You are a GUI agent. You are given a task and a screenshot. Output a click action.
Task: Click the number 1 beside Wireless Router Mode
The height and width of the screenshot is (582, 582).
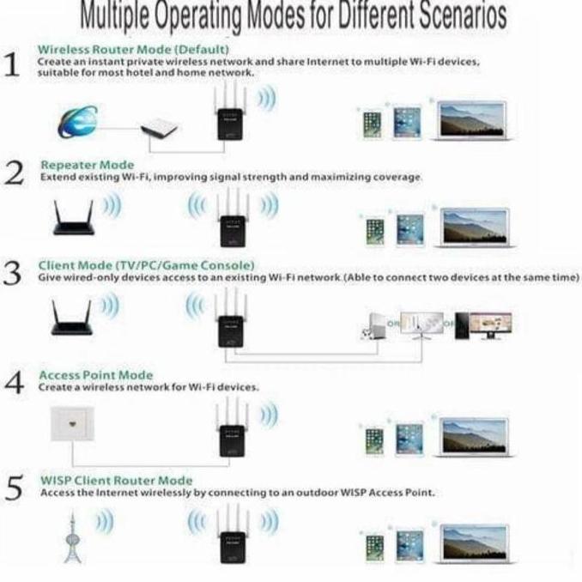tap(13, 65)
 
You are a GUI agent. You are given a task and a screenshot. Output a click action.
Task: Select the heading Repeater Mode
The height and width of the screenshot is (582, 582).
tap(88, 165)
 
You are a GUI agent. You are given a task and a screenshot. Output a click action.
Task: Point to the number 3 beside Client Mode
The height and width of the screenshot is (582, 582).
tap(13, 275)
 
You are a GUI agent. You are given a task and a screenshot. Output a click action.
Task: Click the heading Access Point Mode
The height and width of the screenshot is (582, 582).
tap(96, 375)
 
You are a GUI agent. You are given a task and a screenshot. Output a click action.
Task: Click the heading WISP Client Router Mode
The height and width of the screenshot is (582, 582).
tap(117, 481)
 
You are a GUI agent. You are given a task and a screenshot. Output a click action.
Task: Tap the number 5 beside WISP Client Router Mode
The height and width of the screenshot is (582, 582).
tap(13, 489)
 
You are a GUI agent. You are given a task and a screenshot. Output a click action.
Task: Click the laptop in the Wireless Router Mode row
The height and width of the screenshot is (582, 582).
tap(472, 122)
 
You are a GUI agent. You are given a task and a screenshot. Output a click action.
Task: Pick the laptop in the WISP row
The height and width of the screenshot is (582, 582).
tap(474, 543)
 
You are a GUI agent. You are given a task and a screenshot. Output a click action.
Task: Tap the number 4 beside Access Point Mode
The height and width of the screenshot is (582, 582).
tap(13, 383)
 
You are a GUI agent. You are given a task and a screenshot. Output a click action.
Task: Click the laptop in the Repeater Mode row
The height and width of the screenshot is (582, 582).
tap(474, 227)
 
